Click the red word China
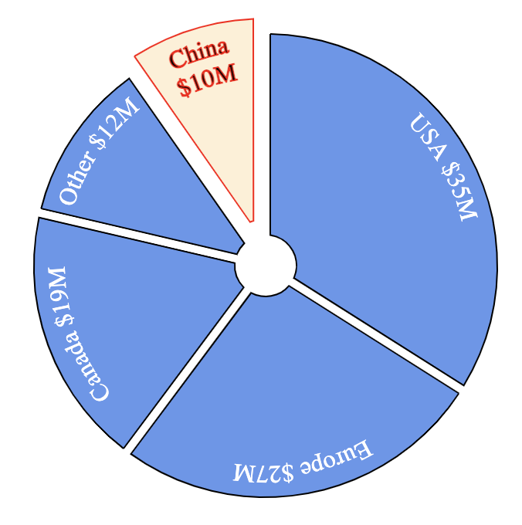tap(199, 55)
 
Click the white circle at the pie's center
tap(266, 266)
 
